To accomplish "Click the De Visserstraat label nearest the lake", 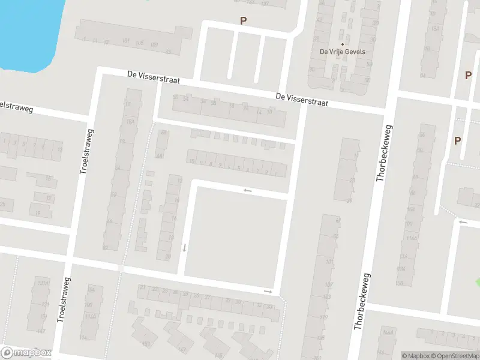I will click(153, 77).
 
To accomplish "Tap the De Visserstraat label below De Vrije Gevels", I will click(302, 99).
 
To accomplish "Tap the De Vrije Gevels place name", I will click(342, 52).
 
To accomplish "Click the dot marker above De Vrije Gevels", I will click(343, 44).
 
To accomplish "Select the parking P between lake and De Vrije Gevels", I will click(244, 20).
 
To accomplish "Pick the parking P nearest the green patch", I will click(457, 140).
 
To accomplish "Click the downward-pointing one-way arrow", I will click(184, 247).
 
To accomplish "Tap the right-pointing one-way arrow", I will click(268, 292).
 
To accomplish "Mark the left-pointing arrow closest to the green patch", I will click(462, 222).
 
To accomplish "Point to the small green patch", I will click(478, 282).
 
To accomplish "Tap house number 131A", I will click(42, 283).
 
